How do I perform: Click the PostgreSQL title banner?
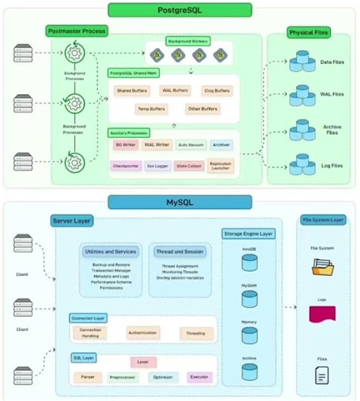[x=180, y=10]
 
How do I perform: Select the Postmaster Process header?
[x=77, y=32]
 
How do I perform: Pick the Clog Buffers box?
[x=216, y=91]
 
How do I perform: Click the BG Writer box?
[x=125, y=144]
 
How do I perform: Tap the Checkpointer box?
[x=125, y=164]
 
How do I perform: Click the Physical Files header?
[x=309, y=32]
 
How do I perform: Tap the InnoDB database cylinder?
[x=248, y=262]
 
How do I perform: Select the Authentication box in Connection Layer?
[x=143, y=333]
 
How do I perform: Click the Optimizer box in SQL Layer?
[x=162, y=377]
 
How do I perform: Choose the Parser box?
[x=86, y=377]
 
